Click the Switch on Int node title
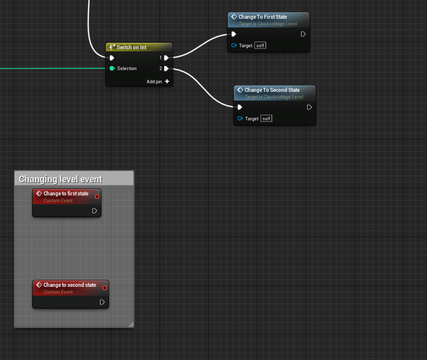click(132, 47)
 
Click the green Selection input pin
click(112, 69)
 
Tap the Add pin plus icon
click(167, 81)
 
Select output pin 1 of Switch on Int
click(166, 58)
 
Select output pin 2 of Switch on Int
click(166, 69)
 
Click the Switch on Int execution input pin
click(112, 58)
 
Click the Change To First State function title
click(263, 17)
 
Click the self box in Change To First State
click(260, 46)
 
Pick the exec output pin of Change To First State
click(303, 34)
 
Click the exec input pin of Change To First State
click(234, 34)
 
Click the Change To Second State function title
click(272, 90)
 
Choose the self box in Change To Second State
click(267, 118)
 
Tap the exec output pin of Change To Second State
click(309, 107)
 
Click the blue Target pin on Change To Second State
click(240, 118)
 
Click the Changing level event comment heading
click(60, 179)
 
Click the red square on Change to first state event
click(97, 197)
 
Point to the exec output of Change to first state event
click(94, 211)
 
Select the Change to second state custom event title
click(70, 285)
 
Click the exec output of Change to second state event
click(102, 302)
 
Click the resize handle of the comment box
click(131, 324)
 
